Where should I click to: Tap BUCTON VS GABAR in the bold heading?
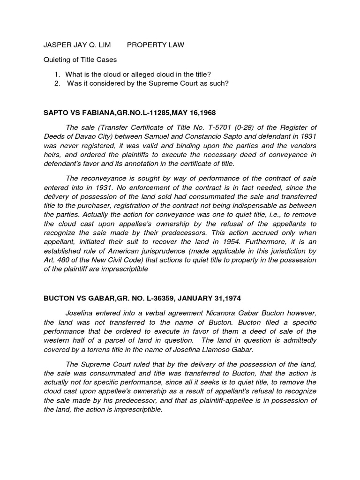click(x=76, y=299)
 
